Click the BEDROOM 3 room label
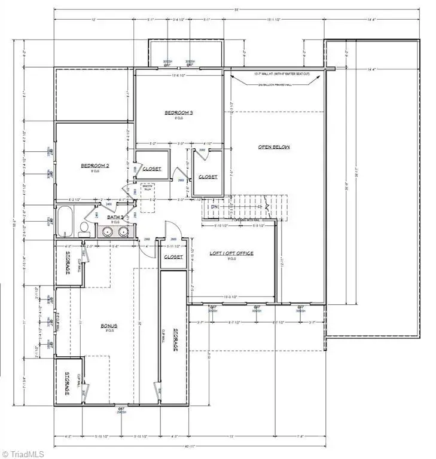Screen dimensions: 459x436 179,112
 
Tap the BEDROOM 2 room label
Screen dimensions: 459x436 96,165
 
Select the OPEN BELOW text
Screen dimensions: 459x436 273,146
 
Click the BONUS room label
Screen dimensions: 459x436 108,326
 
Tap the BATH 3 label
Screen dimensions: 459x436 115,217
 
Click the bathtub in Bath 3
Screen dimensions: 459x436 65,221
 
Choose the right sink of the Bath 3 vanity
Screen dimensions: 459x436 123,231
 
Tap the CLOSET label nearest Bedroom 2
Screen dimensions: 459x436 151,169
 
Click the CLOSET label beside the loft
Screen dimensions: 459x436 173,257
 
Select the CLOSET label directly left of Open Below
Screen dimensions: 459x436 208,177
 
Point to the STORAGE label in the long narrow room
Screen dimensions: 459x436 176,339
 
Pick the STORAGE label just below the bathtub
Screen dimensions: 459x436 67,264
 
